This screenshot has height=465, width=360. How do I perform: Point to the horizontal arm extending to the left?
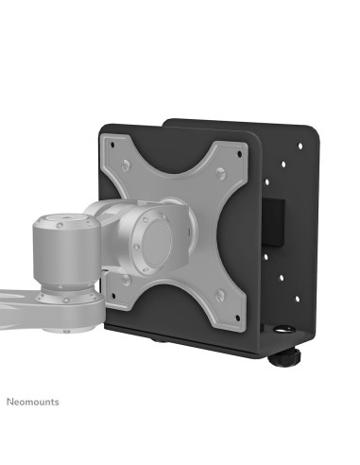(x=19, y=302)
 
